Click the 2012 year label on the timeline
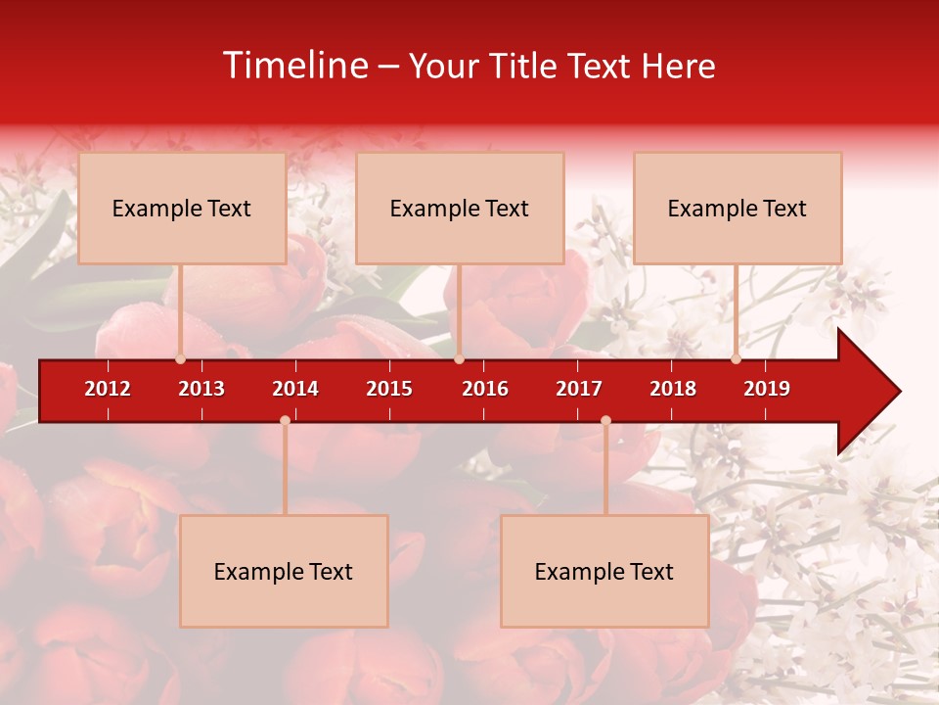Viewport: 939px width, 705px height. click(108, 389)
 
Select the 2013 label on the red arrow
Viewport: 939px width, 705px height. click(201, 389)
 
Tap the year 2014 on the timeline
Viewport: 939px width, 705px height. click(295, 389)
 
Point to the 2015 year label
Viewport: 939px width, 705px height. click(389, 389)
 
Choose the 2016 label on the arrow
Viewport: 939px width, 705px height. click(485, 389)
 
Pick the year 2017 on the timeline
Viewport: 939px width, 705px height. click(579, 389)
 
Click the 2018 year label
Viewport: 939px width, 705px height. click(673, 389)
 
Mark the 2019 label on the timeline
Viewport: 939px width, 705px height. click(767, 389)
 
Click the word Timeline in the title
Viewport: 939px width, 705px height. click(293, 66)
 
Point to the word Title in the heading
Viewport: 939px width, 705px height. click(523, 67)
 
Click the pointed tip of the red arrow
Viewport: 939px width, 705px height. click(898, 392)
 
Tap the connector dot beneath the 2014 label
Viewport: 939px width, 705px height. click(285, 420)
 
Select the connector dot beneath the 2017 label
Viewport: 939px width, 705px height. click(605, 420)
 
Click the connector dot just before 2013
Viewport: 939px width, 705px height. click(180, 358)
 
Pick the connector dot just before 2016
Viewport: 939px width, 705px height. click(459, 358)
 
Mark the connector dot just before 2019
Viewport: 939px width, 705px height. click(736, 358)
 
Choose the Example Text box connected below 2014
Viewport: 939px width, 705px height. click(284, 571)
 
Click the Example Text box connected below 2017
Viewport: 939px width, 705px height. click(604, 571)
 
